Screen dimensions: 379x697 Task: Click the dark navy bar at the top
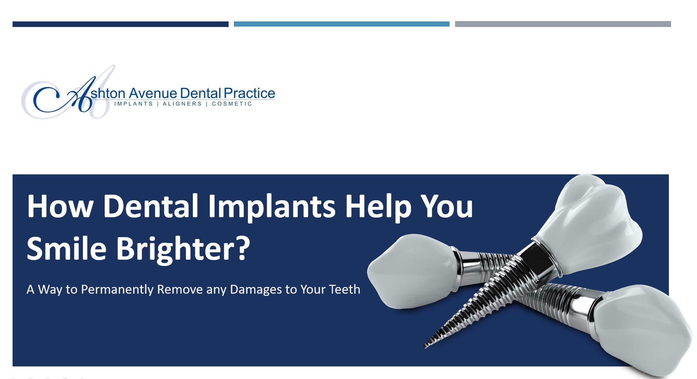(x=120, y=24)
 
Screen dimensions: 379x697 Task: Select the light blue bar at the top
(x=341, y=24)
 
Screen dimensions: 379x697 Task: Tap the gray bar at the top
(x=563, y=24)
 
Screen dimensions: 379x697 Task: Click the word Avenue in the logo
(x=153, y=93)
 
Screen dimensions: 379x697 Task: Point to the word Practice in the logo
(x=249, y=93)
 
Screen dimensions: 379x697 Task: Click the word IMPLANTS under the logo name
(x=134, y=104)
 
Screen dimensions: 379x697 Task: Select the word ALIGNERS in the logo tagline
(x=182, y=104)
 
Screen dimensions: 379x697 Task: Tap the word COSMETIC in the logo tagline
(x=232, y=104)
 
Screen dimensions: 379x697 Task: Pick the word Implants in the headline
(x=272, y=207)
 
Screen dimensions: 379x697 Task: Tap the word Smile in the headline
(x=67, y=249)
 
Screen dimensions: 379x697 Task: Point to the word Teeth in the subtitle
(x=344, y=289)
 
